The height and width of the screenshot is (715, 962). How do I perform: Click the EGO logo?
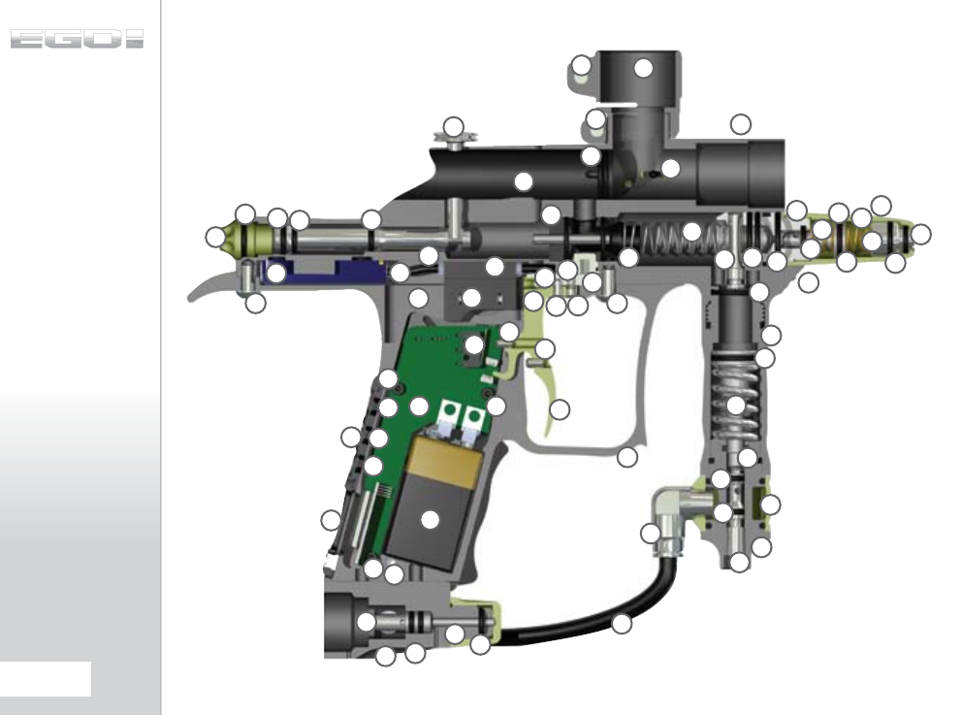pyautogui.click(x=77, y=40)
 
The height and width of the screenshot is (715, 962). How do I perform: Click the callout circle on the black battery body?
pyautogui.click(x=430, y=520)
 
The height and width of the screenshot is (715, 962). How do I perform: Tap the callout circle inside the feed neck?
pyautogui.click(x=643, y=68)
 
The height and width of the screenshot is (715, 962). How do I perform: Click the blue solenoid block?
pyautogui.click(x=322, y=270)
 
